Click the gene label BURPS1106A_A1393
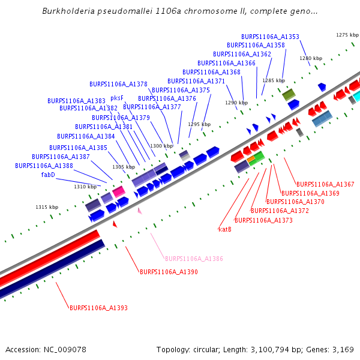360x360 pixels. (x=98, y=308)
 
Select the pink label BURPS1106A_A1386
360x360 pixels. (x=194, y=259)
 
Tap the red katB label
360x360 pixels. (x=225, y=229)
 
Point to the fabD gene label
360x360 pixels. (x=48, y=175)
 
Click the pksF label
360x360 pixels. (x=117, y=98)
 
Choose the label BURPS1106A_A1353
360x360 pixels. (x=270, y=37)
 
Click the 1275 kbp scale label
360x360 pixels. (x=347, y=35)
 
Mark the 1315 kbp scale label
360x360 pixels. (x=47, y=207)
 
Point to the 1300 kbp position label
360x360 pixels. (x=161, y=146)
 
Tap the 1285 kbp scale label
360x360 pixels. (x=274, y=80)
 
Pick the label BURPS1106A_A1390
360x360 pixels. (x=169, y=272)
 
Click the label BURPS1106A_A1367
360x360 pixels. (x=325, y=184)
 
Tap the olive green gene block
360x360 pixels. (x=289, y=94)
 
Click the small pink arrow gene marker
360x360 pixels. (x=140, y=211)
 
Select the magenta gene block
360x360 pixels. (x=119, y=191)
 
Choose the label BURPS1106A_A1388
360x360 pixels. (x=44, y=166)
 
